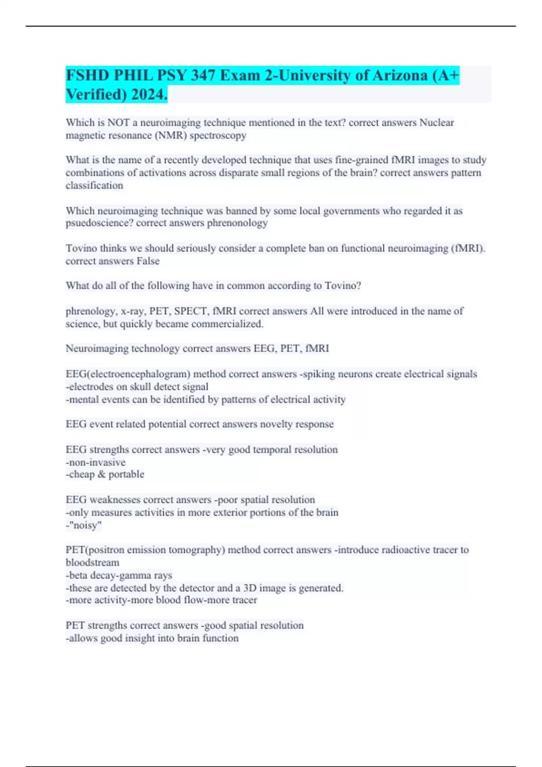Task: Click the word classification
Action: (x=94, y=185)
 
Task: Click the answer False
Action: (x=148, y=261)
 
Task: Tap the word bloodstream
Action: (x=93, y=563)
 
